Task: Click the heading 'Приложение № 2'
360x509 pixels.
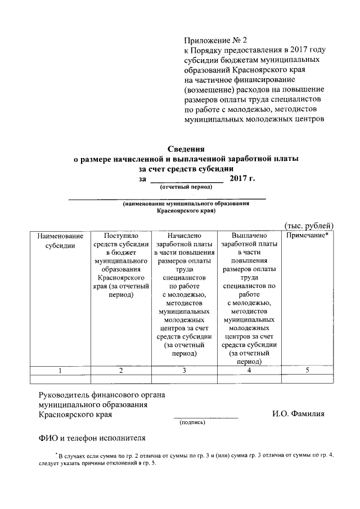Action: pos(215,40)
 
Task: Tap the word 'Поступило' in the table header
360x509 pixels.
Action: pos(121,236)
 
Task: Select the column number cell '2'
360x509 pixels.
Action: pos(121,370)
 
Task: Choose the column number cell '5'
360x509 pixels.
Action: pos(307,370)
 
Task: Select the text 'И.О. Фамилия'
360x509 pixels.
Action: pos(298,415)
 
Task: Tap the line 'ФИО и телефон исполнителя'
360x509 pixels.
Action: pos(92,436)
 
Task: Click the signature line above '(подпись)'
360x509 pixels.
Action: pos(205,417)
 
